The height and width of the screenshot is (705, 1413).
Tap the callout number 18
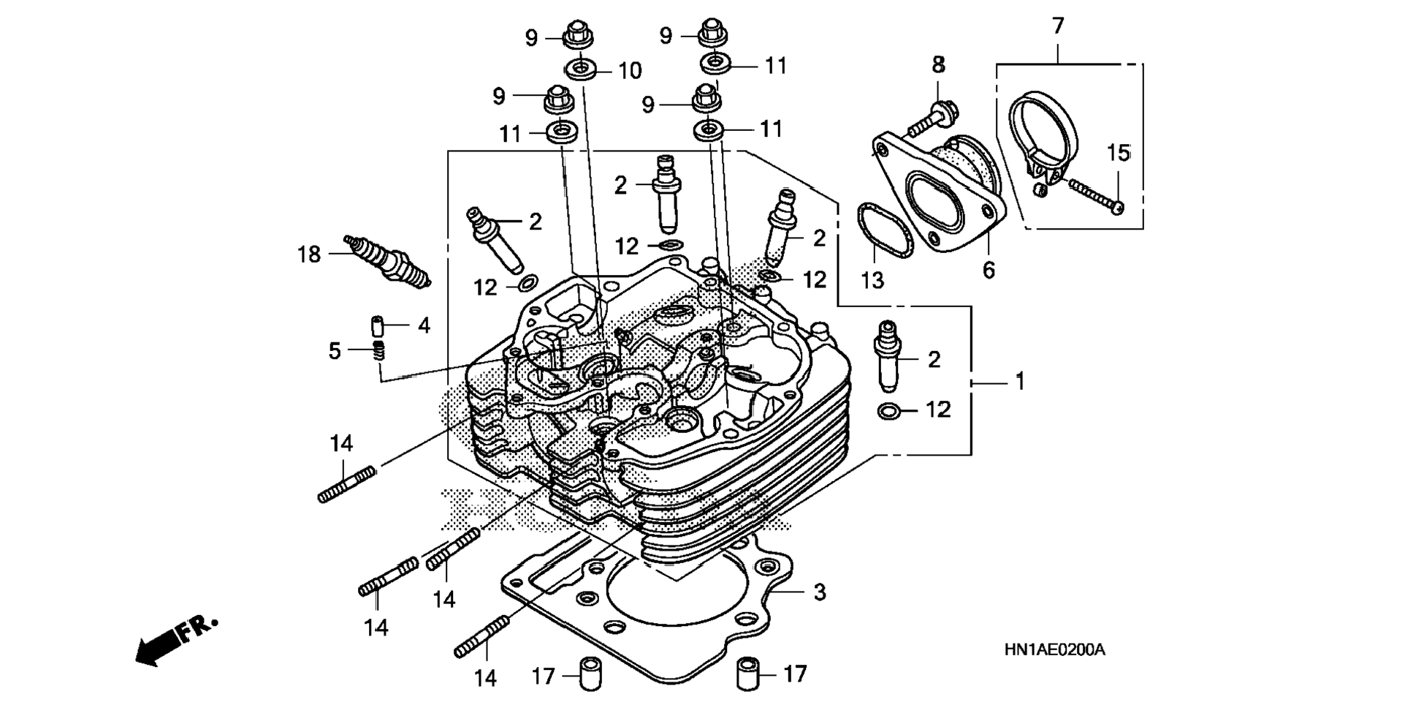tap(309, 255)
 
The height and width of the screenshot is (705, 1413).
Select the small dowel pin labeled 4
tap(377, 325)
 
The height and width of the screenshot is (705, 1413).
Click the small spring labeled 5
tap(378, 350)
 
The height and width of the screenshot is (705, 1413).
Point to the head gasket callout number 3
tap(820, 592)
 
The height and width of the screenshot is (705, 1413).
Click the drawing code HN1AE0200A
tap(1054, 649)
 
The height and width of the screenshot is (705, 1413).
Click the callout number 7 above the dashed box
tap(1058, 26)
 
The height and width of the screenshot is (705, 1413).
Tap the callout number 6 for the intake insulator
tap(989, 271)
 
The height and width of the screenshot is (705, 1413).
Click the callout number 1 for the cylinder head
tap(1020, 382)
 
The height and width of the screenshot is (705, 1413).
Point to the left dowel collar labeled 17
tap(590, 674)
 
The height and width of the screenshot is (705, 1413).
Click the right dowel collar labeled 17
tap(747, 674)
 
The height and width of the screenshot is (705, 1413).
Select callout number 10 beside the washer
tap(630, 71)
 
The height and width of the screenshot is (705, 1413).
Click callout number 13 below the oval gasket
tap(872, 280)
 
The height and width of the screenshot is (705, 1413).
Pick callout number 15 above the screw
tap(1119, 154)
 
